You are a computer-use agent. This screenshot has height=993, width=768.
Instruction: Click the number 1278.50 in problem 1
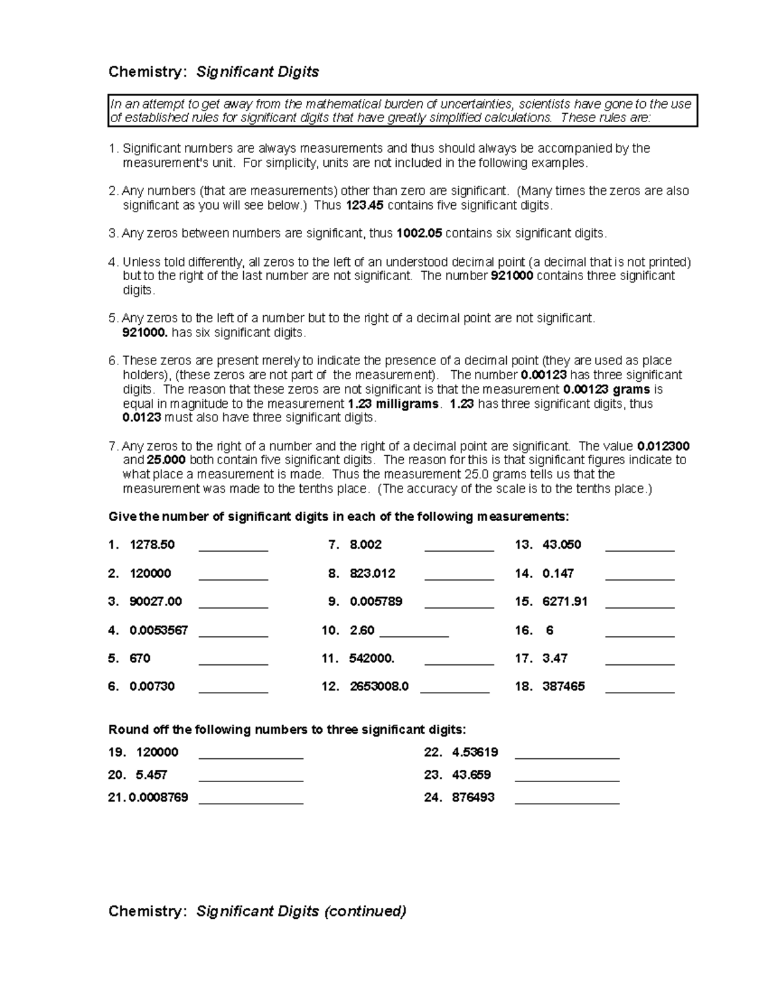(x=152, y=545)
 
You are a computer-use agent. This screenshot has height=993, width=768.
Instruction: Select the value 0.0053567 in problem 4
(x=159, y=630)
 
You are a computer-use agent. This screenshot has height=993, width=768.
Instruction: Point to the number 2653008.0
(x=379, y=687)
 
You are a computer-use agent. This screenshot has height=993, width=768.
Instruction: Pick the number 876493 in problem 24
(x=473, y=797)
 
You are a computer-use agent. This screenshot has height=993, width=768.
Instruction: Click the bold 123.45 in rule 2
(x=365, y=205)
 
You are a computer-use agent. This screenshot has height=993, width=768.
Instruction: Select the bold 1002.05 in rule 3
(x=419, y=233)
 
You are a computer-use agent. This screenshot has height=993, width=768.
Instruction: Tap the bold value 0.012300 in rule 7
(x=664, y=446)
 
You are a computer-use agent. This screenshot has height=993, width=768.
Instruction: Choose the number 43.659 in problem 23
(x=471, y=775)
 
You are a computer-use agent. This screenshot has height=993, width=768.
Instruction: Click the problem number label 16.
(x=524, y=630)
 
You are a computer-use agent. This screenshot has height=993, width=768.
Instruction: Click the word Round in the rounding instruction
(x=126, y=730)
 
